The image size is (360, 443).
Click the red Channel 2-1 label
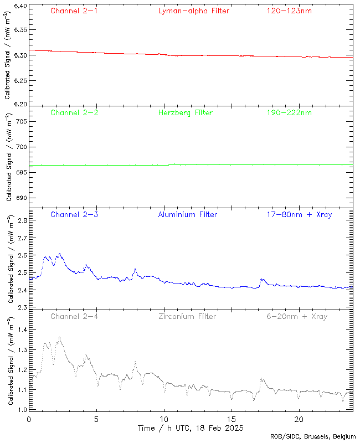click(x=74, y=11)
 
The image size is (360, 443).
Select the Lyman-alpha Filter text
click(x=193, y=11)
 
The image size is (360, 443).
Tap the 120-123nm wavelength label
click(x=289, y=11)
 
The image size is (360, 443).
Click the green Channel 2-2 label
click(x=74, y=113)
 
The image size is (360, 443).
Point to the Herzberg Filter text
click(x=185, y=113)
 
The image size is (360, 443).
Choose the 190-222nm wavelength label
click(x=289, y=113)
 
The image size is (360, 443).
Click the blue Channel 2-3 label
click(x=74, y=215)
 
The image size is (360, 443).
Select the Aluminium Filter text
click(x=187, y=215)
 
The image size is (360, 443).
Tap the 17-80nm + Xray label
click(x=299, y=215)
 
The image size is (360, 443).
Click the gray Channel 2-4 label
click(x=74, y=317)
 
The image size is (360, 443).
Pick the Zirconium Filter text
click(x=187, y=317)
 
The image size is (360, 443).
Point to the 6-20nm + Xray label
click(x=296, y=317)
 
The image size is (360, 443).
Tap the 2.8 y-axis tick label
click(x=22, y=220)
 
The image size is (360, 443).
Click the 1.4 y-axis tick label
click(x=22, y=329)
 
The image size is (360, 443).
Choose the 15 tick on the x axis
click(x=232, y=419)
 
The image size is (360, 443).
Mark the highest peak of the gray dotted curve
click(x=59, y=337)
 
